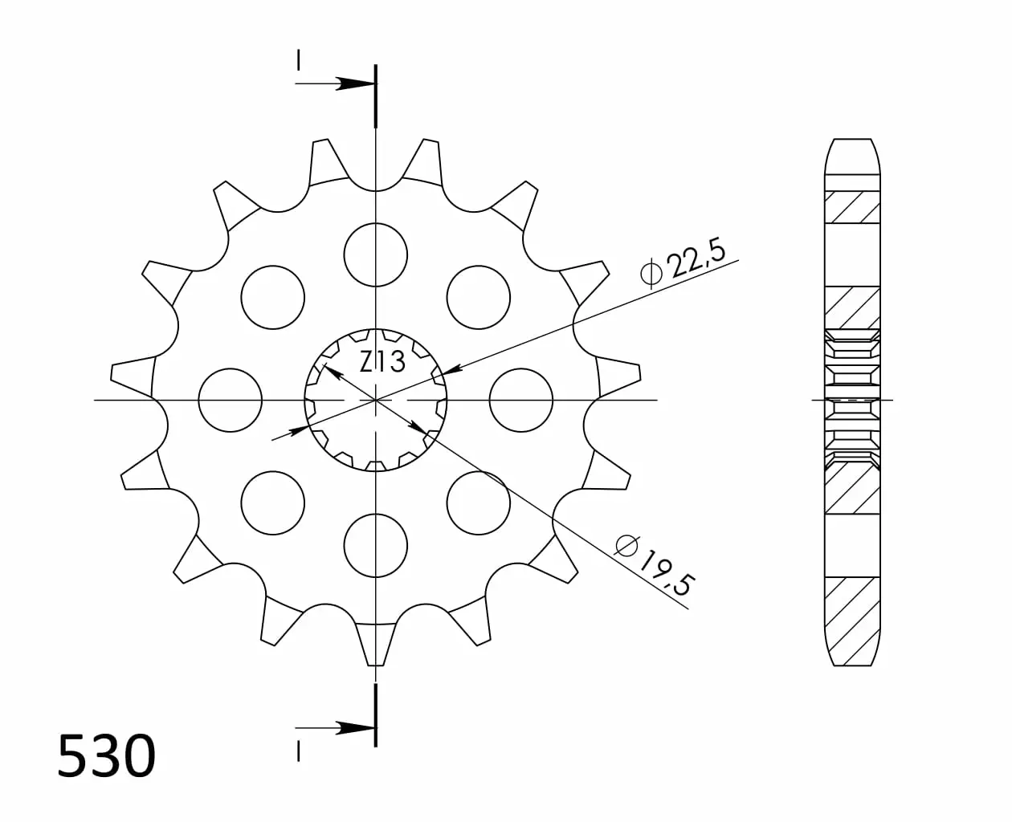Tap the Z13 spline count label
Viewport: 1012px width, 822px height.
382,362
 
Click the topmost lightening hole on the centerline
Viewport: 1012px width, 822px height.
376,255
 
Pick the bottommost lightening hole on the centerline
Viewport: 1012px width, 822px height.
376,546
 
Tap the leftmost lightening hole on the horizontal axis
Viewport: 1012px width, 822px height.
230,401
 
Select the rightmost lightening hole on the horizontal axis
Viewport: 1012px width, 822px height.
521,401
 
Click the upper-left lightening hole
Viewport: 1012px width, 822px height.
273,297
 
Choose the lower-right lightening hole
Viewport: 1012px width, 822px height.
479,503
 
